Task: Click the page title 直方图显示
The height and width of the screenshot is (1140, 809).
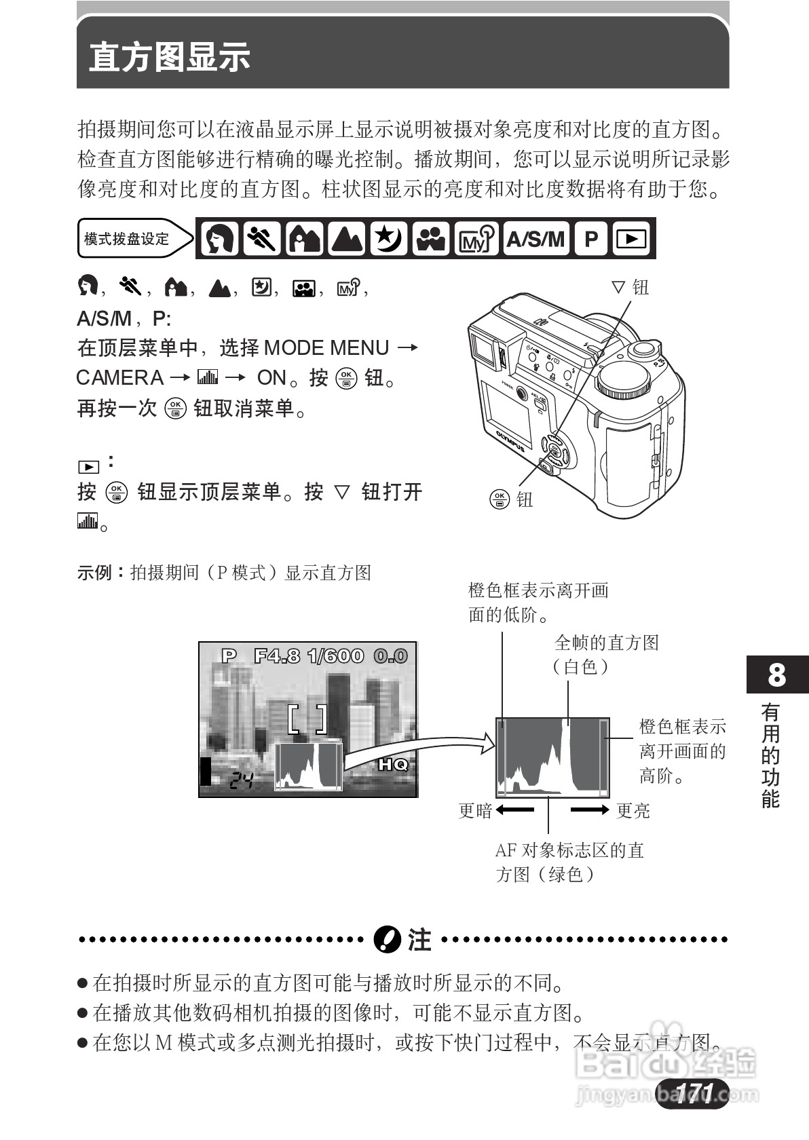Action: click(170, 57)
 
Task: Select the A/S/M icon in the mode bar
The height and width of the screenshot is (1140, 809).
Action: click(535, 239)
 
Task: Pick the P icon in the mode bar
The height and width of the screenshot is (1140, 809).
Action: click(591, 239)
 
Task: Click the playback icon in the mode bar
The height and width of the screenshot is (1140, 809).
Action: click(632, 239)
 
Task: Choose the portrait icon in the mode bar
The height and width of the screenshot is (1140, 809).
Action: click(219, 239)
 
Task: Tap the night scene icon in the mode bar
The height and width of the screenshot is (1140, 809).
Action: click(388, 239)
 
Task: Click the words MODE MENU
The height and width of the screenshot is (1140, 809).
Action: click(326, 348)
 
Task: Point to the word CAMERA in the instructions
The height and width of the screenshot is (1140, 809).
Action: click(120, 378)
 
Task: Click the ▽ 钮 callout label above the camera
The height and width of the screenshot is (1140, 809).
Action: click(631, 288)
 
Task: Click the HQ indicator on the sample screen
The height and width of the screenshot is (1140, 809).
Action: click(393, 765)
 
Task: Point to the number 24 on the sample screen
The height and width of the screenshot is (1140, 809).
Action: click(240, 781)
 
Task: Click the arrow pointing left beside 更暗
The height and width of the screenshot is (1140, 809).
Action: click(514, 810)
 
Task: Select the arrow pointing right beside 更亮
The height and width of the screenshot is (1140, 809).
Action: click(590, 810)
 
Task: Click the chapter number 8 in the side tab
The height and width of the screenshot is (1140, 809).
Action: click(776, 675)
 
